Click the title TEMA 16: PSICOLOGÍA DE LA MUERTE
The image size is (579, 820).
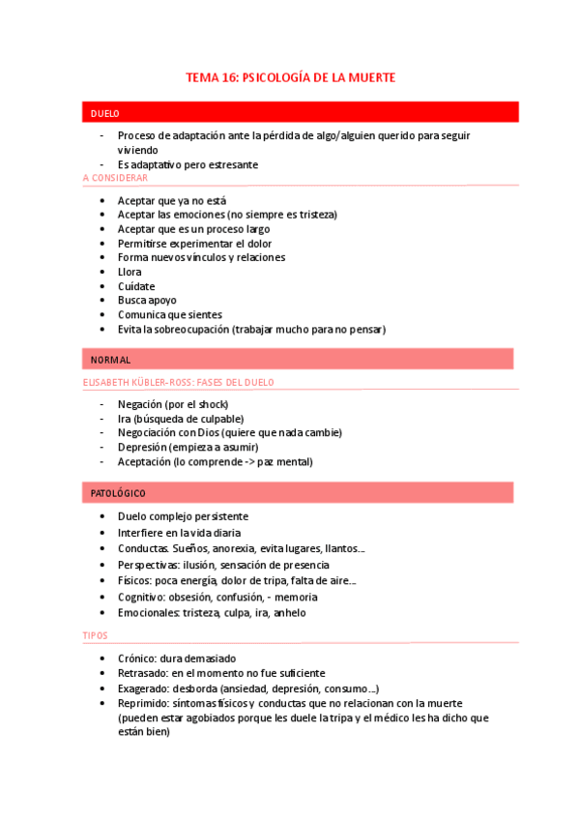click(290, 76)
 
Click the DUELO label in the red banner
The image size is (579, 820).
click(104, 113)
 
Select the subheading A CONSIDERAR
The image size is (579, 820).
click(115, 178)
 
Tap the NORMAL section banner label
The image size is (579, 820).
click(110, 360)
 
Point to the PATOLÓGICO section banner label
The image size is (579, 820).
click(117, 493)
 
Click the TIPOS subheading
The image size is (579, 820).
click(96, 635)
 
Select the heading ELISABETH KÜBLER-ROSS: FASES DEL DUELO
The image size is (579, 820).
click(178, 382)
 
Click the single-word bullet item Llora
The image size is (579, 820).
click(130, 272)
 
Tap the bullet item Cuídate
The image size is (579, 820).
click(136, 286)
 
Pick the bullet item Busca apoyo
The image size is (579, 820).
click(147, 301)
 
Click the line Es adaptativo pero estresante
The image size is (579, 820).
click(188, 164)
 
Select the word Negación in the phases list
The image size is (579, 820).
click(141, 403)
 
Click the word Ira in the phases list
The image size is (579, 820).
click(125, 418)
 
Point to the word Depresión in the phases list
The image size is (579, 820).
click(142, 447)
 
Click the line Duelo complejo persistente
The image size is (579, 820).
click(183, 517)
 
